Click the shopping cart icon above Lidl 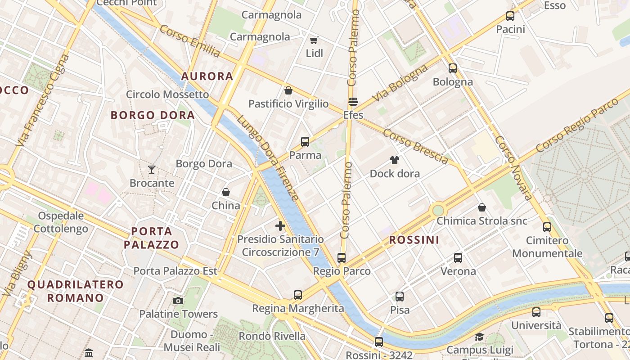click(x=314, y=40)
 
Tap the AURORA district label click(x=207, y=76)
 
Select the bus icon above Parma click(x=305, y=142)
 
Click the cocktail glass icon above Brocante click(x=152, y=170)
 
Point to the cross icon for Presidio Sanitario click(x=280, y=225)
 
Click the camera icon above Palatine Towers click(x=178, y=301)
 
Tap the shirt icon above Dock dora click(x=395, y=160)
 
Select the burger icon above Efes click(x=353, y=102)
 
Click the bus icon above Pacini click(x=510, y=16)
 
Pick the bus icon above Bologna click(x=453, y=68)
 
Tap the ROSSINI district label click(x=414, y=240)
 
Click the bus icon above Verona click(x=458, y=258)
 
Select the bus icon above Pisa click(x=400, y=297)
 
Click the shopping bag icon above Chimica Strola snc click(x=481, y=207)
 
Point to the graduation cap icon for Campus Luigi click(x=479, y=337)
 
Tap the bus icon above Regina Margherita click(x=298, y=295)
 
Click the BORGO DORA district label click(x=153, y=115)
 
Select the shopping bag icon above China click(x=226, y=192)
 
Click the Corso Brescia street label click(x=415, y=146)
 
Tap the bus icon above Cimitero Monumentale click(x=547, y=227)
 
